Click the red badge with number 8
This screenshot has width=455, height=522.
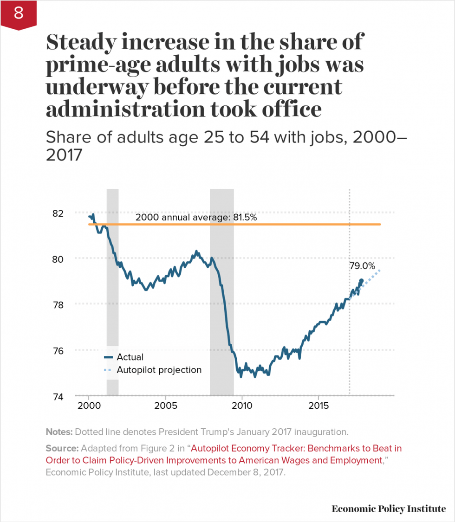18,14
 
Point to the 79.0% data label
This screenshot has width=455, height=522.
362,266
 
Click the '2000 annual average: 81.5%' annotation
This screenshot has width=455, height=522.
196,217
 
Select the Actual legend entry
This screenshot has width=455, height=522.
130,357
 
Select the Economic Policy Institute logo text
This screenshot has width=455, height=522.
388,509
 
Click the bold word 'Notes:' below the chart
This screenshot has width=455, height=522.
59,432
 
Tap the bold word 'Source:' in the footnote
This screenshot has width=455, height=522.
62,449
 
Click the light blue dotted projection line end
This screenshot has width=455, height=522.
380,271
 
